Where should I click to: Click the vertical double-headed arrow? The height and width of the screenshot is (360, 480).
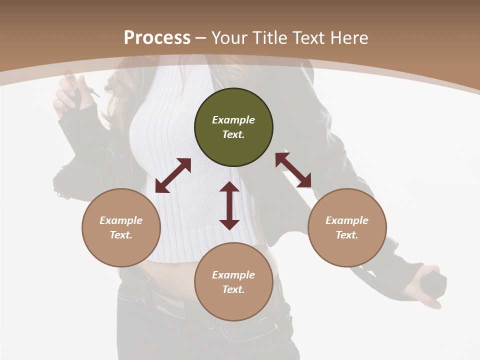229,205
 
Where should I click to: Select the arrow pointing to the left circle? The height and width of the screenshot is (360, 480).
173,175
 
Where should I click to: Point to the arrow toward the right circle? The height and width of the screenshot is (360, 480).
293,170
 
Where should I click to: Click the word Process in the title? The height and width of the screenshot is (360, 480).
157,37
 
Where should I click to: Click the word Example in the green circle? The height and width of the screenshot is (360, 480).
233,120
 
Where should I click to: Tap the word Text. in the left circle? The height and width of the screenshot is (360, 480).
121,235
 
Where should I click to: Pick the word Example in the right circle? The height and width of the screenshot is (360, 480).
347,220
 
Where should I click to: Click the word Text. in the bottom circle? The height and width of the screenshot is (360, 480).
233,289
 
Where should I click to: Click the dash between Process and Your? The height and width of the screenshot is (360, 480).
200,38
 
